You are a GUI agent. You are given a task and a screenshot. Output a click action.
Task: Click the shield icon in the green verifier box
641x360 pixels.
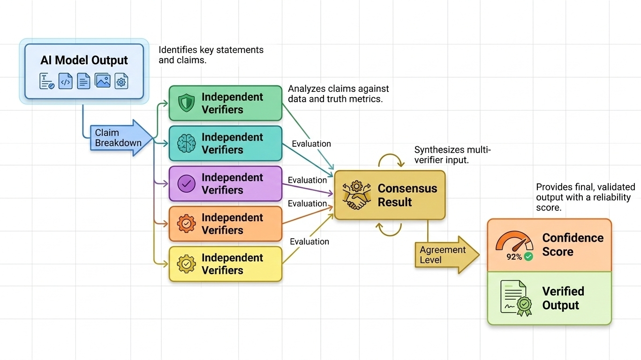(186, 103)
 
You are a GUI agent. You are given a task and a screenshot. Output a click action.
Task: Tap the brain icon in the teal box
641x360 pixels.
(186, 143)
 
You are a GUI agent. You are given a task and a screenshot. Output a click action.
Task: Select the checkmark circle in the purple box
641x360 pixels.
(186, 183)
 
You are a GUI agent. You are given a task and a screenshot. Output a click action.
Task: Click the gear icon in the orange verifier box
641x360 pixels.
(186, 224)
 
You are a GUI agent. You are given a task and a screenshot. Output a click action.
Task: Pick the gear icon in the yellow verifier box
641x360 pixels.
(186, 264)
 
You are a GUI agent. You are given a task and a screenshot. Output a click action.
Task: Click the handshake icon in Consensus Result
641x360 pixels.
(356, 195)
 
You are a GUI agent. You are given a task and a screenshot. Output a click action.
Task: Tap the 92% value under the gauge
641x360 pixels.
(514, 257)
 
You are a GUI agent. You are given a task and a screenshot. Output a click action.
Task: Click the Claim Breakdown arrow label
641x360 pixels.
(118, 138)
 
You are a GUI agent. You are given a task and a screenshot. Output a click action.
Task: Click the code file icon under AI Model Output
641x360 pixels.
(65, 81)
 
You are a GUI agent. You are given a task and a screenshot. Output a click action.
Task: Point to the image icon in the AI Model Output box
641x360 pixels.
(102, 81)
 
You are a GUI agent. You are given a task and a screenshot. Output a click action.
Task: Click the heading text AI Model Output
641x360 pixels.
(84, 60)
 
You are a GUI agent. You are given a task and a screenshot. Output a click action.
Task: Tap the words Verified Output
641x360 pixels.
(563, 298)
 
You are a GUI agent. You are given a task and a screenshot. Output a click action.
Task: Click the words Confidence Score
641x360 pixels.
(573, 245)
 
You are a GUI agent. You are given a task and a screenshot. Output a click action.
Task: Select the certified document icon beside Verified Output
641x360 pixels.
(516, 298)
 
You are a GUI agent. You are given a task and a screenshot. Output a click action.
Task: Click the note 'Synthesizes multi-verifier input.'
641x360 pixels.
(452, 155)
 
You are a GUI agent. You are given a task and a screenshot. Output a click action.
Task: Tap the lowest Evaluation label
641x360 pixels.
(309, 241)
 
